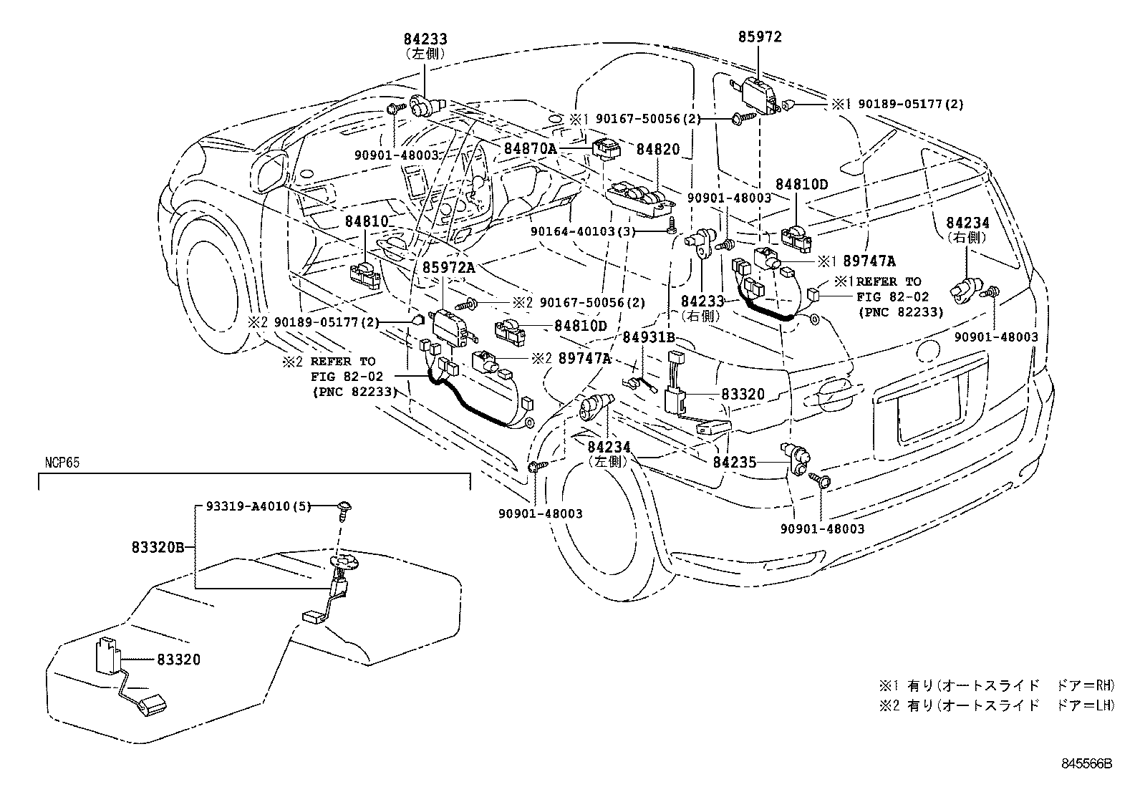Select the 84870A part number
click(x=530, y=148)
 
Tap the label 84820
click(x=658, y=148)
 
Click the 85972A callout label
click(x=448, y=267)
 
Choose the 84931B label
click(x=648, y=337)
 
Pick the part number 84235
click(x=734, y=463)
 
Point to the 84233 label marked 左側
click(x=425, y=38)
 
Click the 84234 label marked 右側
click(x=967, y=223)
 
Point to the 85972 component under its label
click(x=758, y=92)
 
